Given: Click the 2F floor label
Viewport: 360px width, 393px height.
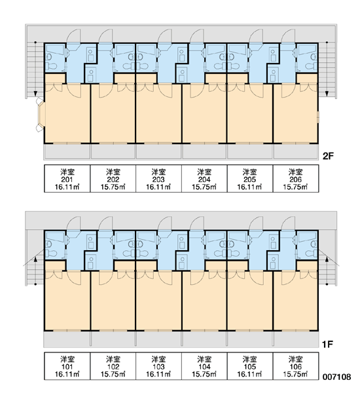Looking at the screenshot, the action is point(328,156).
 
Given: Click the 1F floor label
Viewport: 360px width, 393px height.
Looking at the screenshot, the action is point(327,345).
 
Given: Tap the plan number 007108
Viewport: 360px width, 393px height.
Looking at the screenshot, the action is point(336,377).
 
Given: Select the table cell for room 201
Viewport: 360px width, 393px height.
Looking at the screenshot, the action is point(67,178).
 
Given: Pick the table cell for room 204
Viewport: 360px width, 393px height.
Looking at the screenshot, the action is point(204,178).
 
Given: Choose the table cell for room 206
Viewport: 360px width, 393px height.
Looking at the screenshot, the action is point(296,178).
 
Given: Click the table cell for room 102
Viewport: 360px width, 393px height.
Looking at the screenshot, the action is point(113,366).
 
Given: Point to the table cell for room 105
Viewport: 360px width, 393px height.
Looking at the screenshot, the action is point(250,366).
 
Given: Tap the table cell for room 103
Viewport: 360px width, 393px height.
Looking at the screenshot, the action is point(158,366).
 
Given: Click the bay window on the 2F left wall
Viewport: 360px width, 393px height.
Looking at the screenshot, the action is point(40,115).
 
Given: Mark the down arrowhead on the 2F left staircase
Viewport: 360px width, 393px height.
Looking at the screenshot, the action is point(35,94).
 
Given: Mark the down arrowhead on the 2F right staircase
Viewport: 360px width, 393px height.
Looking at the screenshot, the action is point(327,94).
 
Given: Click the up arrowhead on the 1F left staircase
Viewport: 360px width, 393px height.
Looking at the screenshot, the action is point(35,259).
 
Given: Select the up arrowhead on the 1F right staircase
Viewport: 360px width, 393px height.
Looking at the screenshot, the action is point(327,259).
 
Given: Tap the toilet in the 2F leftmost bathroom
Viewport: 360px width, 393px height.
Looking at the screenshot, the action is point(52,66).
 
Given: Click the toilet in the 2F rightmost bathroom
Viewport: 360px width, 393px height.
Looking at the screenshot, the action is point(311,66).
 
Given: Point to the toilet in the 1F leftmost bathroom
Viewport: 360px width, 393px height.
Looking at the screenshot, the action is point(52,253).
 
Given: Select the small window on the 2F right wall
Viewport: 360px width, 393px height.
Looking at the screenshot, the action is point(318,117).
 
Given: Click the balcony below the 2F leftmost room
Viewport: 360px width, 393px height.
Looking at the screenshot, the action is point(67,151).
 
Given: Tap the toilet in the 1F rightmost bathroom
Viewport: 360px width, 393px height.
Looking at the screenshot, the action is point(311,253).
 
